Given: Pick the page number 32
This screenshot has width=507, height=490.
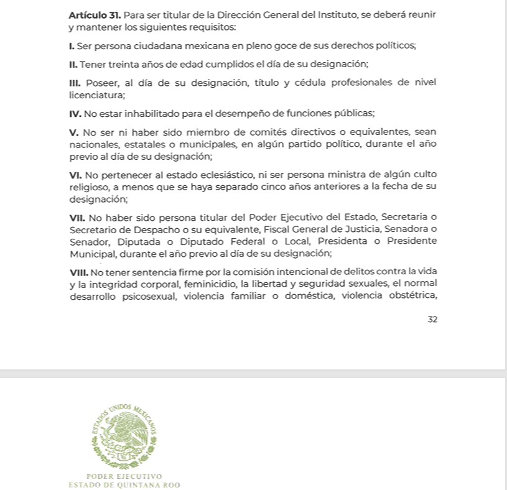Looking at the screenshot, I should [432, 319].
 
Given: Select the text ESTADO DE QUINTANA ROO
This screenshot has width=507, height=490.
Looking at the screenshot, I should [124, 484].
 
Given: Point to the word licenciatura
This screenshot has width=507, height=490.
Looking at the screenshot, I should [97, 95].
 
